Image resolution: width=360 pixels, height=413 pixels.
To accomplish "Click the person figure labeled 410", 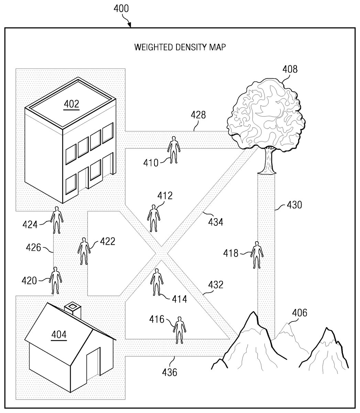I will pyautogui.click(x=174, y=149).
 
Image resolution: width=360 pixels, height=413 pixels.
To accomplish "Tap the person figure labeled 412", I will pyautogui.click(x=154, y=218).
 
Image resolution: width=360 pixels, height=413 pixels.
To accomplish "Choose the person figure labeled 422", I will pyautogui.click(x=84, y=251).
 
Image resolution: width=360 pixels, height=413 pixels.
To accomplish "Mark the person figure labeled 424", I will pyautogui.click(x=57, y=220).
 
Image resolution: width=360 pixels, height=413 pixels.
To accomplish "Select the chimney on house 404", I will pyautogui.click(x=74, y=309).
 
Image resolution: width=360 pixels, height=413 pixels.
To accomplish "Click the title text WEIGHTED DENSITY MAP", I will pyautogui.click(x=180, y=47).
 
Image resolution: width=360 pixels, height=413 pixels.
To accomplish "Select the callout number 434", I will pyautogui.click(x=216, y=222).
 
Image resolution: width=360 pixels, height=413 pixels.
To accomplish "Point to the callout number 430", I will pyautogui.click(x=294, y=205).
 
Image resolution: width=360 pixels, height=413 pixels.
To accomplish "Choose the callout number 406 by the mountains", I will pyautogui.click(x=300, y=313).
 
